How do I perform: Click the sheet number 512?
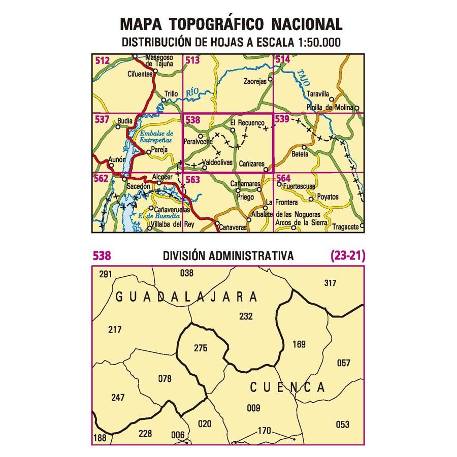click(102, 61)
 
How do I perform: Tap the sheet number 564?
click(283, 178)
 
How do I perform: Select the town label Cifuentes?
click(141, 74)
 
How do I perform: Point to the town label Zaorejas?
click(255, 81)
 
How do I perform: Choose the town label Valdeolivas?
click(217, 162)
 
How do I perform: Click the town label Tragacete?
click(347, 227)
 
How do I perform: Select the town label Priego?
click(244, 198)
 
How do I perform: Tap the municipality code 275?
click(201, 348)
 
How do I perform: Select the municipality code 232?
click(246, 316)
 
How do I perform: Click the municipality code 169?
click(300, 345)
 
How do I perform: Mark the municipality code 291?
click(105, 274)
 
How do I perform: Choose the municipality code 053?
click(343, 424)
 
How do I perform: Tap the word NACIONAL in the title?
click(306, 24)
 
